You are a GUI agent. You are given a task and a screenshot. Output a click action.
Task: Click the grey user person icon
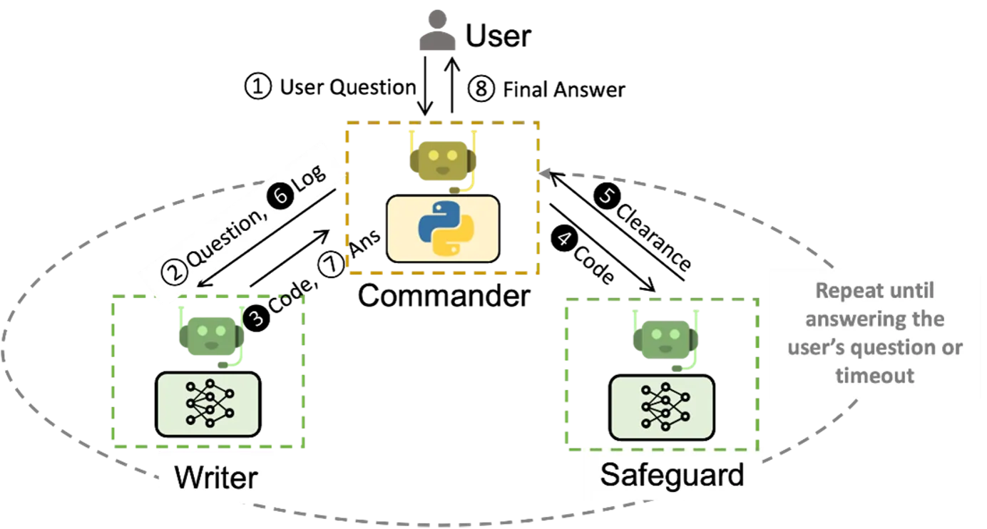[437, 30]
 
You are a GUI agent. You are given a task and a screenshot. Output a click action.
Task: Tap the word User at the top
[498, 36]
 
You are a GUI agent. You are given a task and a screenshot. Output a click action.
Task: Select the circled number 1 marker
[257, 86]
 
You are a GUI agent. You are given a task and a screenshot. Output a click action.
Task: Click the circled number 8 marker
[481, 88]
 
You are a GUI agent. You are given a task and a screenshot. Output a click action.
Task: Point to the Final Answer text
[564, 89]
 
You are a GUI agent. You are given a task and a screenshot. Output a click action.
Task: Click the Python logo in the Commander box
[446, 228]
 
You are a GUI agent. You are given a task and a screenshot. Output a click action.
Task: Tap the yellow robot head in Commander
[443, 161]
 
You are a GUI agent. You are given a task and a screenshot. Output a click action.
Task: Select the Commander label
[444, 296]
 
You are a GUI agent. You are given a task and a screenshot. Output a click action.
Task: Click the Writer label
[216, 477]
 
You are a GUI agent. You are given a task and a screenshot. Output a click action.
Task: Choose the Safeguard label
[672, 475]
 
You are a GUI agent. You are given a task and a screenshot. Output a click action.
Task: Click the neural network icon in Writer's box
[209, 404]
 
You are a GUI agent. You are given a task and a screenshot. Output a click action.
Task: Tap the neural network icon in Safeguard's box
[665, 406]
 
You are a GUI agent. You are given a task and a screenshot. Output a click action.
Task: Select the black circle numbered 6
[281, 195]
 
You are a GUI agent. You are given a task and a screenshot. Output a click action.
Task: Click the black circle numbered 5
[607, 196]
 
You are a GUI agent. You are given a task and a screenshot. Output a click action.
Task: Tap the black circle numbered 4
[564, 239]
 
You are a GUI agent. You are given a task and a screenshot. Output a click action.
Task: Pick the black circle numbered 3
[257, 318]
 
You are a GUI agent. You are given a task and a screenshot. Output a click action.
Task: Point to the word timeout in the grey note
[874, 376]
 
